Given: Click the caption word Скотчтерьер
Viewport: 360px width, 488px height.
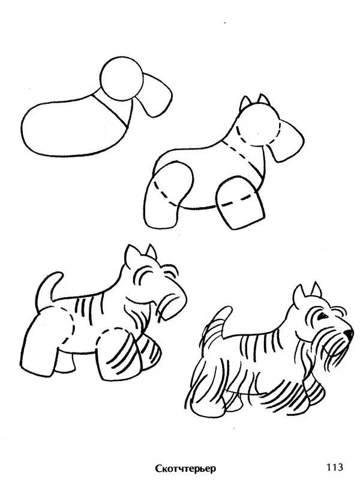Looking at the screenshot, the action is (x=185, y=468).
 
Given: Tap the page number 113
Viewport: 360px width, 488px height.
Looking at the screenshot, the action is (x=334, y=466).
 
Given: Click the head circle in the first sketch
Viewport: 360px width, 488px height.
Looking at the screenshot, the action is (x=122, y=79).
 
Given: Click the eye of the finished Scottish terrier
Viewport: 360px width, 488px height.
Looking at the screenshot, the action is (x=322, y=316).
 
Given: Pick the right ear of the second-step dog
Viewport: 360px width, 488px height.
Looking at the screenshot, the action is (x=264, y=100).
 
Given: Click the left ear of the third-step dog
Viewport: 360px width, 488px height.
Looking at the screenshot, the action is (x=130, y=253).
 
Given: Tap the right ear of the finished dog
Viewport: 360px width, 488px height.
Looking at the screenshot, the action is (x=316, y=289).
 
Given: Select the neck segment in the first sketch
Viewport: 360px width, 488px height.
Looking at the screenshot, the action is (x=112, y=109).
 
